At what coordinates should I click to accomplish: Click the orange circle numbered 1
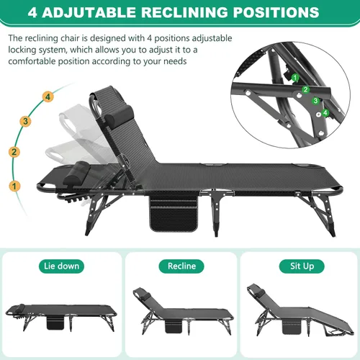pos(13,186)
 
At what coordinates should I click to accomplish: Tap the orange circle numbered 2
pos(13,152)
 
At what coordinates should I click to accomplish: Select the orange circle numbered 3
pos(25,121)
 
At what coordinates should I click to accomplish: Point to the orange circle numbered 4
pos(47,96)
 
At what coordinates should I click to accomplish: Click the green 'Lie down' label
pos(59,266)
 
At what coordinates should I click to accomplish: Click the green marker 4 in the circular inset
pos(325,112)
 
